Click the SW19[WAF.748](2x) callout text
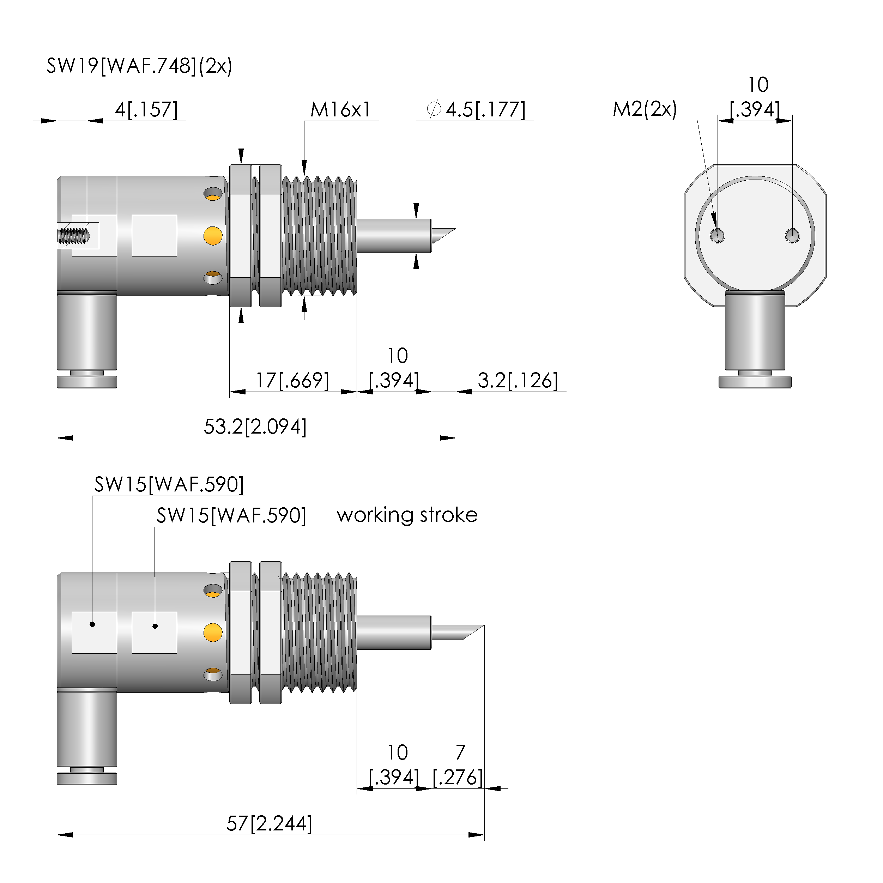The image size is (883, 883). pyautogui.click(x=139, y=66)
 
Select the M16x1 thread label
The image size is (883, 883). pyautogui.click(x=340, y=110)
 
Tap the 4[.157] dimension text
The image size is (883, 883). pyautogui.click(x=146, y=110)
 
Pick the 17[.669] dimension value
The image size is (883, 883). pyautogui.click(x=292, y=380)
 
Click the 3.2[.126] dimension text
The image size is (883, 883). pyautogui.click(x=518, y=380)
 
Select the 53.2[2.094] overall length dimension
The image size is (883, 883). pyautogui.click(x=255, y=427)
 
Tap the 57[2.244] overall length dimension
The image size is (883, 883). pyautogui.click(x=269, y=824)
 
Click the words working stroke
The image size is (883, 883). pyautogui.click(x=407, y=515)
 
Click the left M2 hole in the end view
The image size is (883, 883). pyautogui.click(x=717, y=236)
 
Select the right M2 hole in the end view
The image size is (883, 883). pyautogui.click(x=792, y=236)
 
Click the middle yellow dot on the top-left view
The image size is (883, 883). pyautogui.click(x=213, y=236)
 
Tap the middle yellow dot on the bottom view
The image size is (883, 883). pyautogui.click(x=213, y=633)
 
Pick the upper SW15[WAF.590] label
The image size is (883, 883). pyautogui.click(x=169, y=484)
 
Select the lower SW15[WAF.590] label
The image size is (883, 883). pyautogui.click(x=231, y=515)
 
